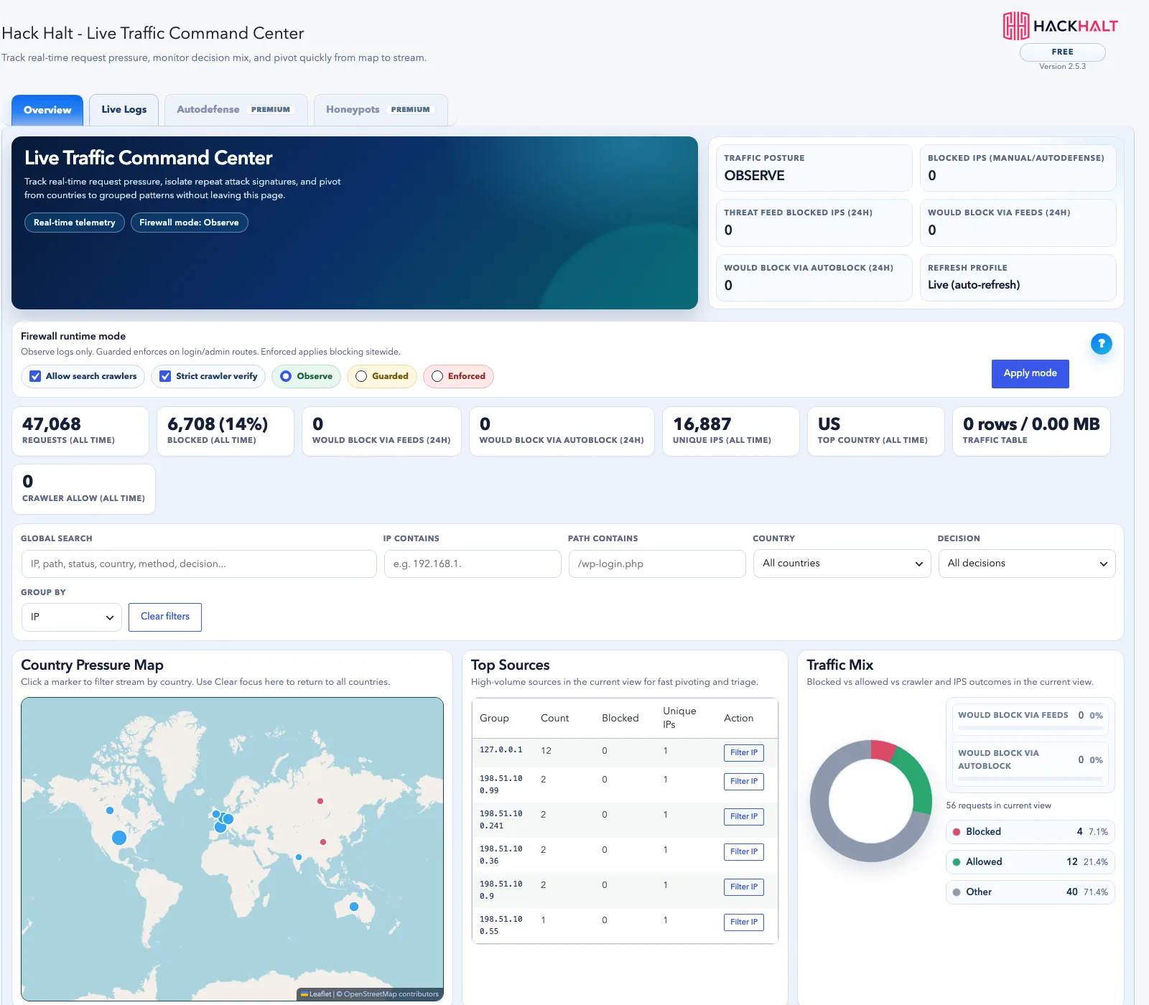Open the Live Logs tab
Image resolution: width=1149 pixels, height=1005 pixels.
tap(124, 110)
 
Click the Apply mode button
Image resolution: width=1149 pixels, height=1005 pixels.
tap(1030, 373)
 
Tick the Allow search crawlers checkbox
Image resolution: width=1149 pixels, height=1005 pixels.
tap(35, 376)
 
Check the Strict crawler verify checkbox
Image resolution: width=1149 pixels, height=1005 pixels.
tap(165, 376)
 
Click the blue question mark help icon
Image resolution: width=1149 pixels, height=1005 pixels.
tap(1101, 344)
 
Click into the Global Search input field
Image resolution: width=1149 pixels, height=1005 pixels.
tap(199, 564)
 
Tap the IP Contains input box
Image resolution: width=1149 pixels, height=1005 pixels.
tap(473, 564)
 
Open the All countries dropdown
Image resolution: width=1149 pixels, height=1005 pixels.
tap(842, 564)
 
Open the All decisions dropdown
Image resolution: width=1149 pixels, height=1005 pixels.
tap(1027, 564)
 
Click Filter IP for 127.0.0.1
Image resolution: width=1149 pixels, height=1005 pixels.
tap(743, 752)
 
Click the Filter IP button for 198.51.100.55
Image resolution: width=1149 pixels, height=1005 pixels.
tap(743, 922)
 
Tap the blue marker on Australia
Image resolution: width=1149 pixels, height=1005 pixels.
tap(353, 907)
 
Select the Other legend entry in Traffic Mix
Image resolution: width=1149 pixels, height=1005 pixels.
tap(1030, 892)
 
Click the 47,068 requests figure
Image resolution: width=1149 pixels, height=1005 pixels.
tap(52, 424)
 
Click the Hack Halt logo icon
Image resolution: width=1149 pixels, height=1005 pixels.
tap(1016, 26)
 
